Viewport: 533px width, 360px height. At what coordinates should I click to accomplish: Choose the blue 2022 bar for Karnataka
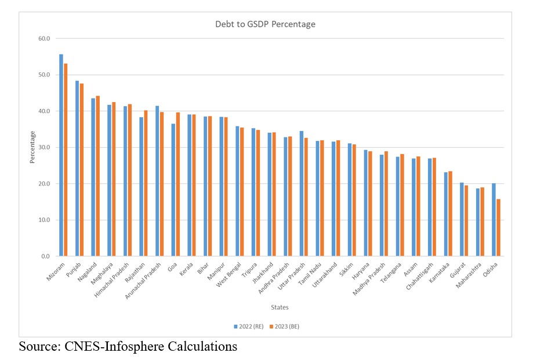(445, 214)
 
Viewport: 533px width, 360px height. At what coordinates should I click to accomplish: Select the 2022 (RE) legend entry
(249, 326)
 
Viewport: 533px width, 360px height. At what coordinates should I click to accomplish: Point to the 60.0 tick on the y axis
(43, 39)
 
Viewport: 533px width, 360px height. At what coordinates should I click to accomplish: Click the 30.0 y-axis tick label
(43, 147)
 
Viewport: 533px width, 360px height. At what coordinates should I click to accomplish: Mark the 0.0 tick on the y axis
(45, 256)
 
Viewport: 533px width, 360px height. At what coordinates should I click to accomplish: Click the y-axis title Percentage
(33, 147)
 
